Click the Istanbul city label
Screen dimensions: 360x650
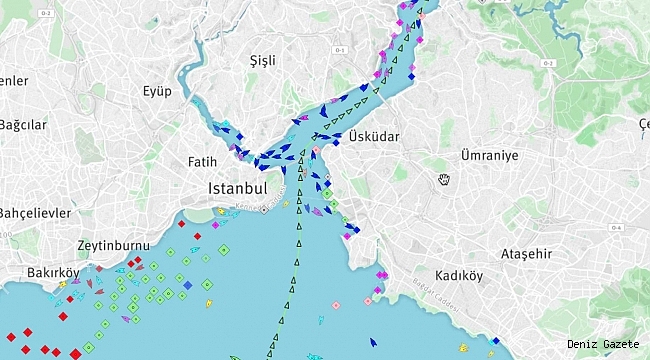click(237, 188)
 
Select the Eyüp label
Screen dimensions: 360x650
click(156, 91)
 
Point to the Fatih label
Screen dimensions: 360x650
click(202, 160)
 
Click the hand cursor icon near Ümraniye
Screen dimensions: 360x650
click(444, 179)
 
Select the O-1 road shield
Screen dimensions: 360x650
click(339, 50)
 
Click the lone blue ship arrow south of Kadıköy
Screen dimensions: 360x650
click(373, 341)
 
